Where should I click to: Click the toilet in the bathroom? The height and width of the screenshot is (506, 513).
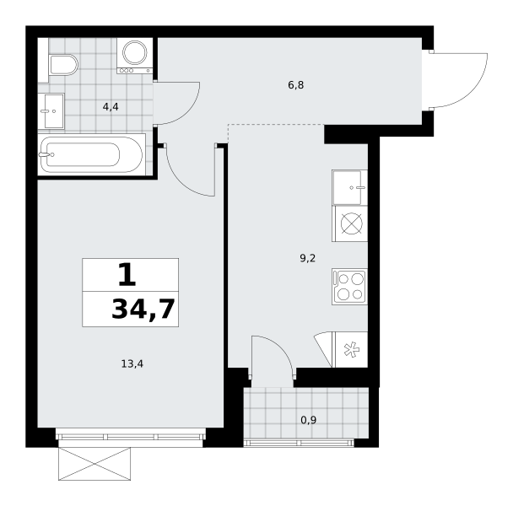click(x=64, y=65)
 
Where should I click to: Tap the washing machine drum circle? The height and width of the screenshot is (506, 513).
click(x=135, y=52)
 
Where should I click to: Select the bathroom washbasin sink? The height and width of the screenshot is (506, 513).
click(x=51, y=110)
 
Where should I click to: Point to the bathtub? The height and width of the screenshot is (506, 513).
click(x=91, y=154)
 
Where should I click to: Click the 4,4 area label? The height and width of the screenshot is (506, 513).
click(x=111, y=107)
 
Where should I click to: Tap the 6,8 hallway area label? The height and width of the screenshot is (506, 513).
click(x=296, y=85)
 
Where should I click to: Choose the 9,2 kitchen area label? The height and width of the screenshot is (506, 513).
click(x=307, y=259)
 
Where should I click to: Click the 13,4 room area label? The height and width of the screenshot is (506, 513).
click(x=132, y=363)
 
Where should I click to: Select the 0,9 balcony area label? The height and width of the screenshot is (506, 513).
click(x=308, y=420)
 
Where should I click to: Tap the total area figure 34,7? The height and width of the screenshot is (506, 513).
click(x=143, y=310)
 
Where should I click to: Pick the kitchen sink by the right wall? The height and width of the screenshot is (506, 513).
click(x=349, y=187)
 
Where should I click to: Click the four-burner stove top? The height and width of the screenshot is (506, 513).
click(x=349, y=287)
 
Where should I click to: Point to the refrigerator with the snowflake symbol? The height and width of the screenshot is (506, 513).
click(x=349, y=349)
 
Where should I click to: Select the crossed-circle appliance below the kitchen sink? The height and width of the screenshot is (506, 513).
click(x=349, y=223)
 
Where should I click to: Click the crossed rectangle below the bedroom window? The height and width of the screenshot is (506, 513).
click(x=94, y=464)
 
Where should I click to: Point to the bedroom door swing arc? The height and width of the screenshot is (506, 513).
click(x=182, y=183)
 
